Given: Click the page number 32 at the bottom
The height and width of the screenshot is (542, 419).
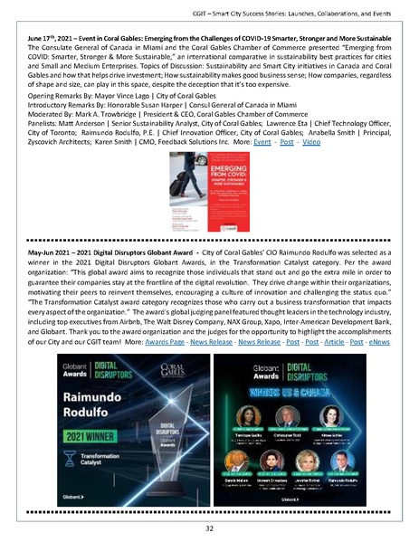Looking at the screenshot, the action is (x=209, y=527).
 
